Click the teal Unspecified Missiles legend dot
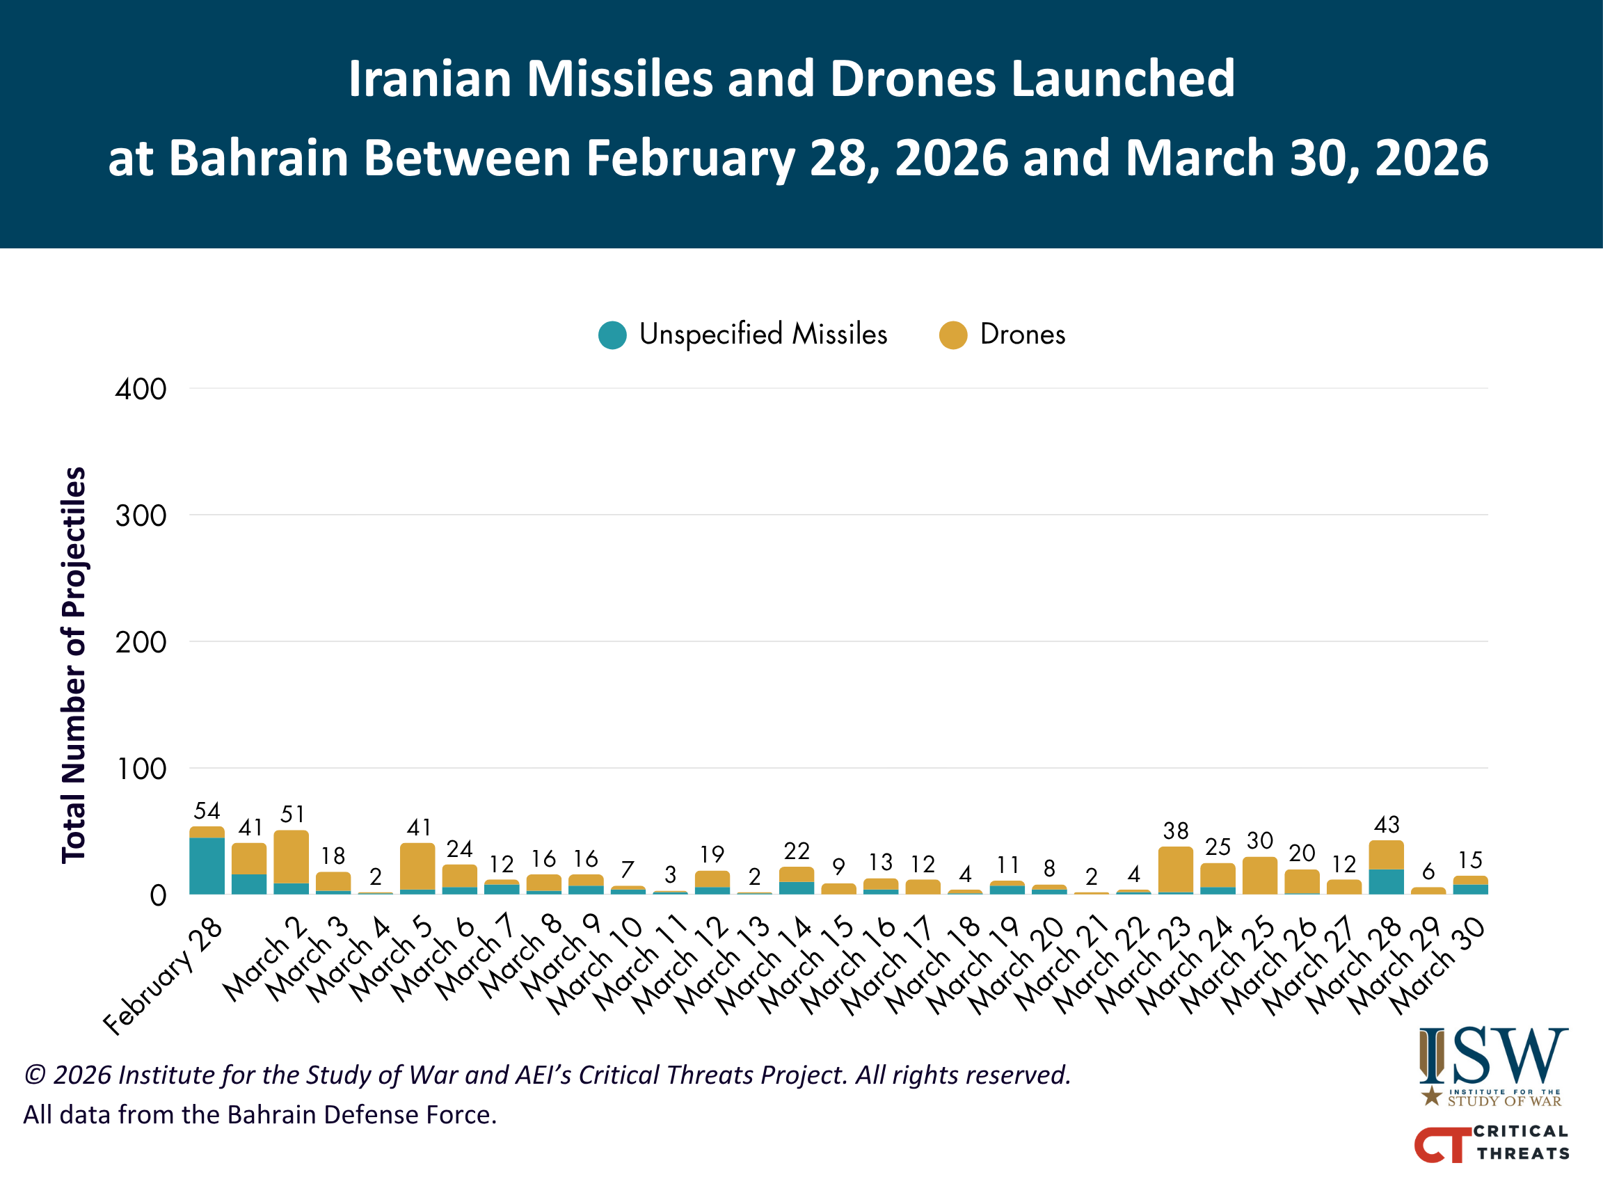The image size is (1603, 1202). [x=612, y=335]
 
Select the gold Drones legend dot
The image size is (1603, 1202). [x=953, y=335]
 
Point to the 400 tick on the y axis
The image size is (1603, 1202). [x=141, y=389]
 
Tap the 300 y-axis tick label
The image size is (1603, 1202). [x=141, y=516]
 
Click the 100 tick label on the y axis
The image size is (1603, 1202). [x=142, y=769]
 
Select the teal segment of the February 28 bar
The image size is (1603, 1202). [x=207, y=866]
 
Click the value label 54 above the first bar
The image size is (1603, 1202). [x=207, y=811]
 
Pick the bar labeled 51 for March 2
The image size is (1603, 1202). [x=292, y=862]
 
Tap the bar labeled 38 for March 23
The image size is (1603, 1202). [x=1175, y=870]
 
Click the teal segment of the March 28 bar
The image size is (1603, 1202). [x=1387, y=882]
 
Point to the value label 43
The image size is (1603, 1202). [x=1387, y=824]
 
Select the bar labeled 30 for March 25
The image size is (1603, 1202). [x=1260, y=875]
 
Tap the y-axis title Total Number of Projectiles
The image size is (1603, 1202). [x=73, y=665]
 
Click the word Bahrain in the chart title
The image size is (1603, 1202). [x=265, y=158]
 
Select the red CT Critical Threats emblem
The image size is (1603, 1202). [x=1442, y=1145]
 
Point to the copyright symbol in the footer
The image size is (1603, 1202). [x=35, y=1075]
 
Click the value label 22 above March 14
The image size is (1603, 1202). [x=797, y=851]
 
